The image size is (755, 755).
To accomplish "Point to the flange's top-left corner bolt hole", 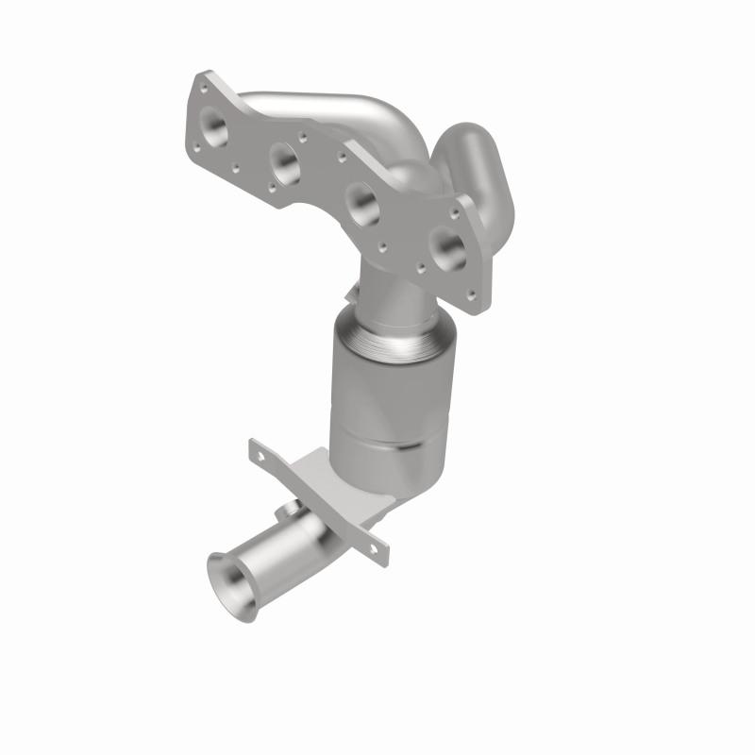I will coord(201,86).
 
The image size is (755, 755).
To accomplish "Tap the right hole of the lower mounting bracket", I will coord(376,546).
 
